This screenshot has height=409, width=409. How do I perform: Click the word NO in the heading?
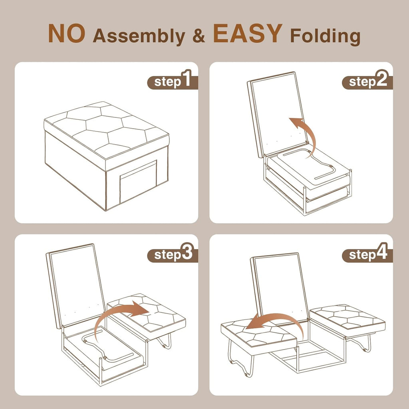point(67,34)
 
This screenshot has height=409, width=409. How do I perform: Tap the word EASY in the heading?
point(248,34)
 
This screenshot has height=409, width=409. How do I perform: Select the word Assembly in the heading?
point(139,36)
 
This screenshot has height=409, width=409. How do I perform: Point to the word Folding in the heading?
point(325,36)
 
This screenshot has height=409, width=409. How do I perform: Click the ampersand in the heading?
point(199,36)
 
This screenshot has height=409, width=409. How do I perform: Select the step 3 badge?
point(173,254)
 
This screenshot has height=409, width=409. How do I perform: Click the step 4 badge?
point(367,254)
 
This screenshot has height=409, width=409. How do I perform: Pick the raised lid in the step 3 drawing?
point(75,286)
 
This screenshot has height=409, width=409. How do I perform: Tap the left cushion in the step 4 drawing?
point(259,334)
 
